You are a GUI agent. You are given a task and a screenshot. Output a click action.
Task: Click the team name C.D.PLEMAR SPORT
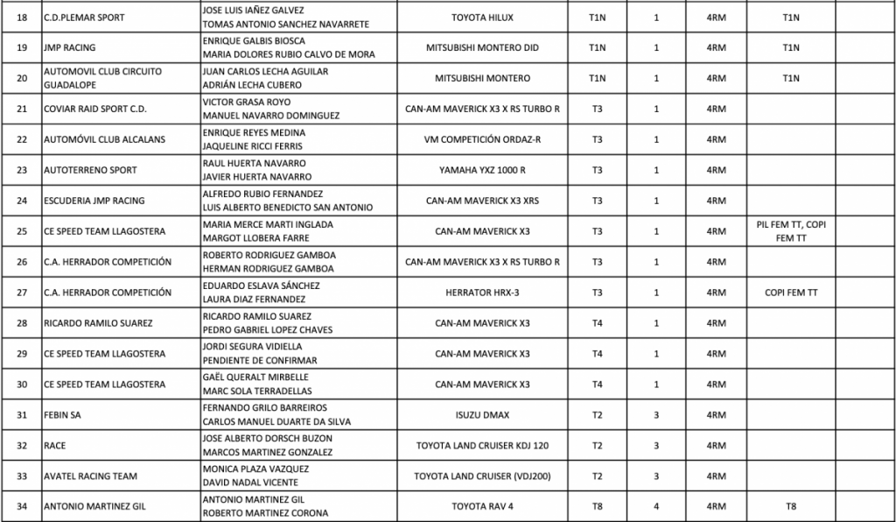(84, 18)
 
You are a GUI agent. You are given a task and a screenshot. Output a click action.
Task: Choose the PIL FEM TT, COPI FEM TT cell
(791, 231)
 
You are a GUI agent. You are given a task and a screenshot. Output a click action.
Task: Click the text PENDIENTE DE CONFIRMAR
(260, 361)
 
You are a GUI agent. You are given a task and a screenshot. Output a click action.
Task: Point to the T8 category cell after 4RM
(791, 506)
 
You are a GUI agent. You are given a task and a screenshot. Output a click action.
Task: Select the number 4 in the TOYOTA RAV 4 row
(656, 506)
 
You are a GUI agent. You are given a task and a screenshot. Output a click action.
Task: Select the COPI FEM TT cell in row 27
(791, 293)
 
